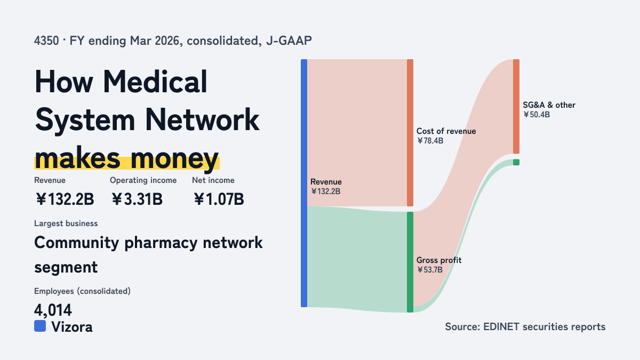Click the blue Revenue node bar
(304, 183)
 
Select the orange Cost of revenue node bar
(410, 133)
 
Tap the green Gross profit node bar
(410, 262)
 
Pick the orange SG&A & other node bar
(516, 106)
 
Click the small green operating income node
(516, 162)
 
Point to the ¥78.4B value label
(430, 141)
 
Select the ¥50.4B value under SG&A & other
(537, 115)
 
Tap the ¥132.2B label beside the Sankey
(325, 191)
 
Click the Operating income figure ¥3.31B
(137, 199)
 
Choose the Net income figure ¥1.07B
(219, 199)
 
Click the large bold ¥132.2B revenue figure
(65, 199)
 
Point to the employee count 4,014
(53, 310)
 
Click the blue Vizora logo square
(40, 326)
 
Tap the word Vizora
(72, 327)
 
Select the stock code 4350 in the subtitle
(46, 41)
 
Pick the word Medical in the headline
(155, 82)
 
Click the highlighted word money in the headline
(174, 159)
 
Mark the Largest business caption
(66, 223)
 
